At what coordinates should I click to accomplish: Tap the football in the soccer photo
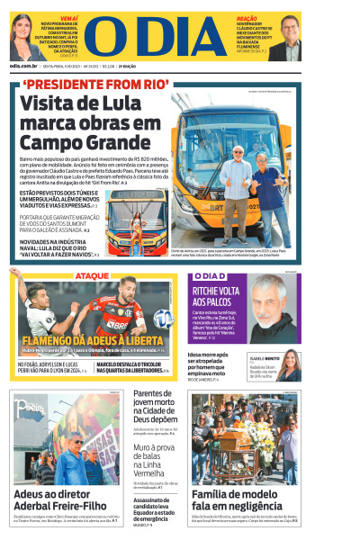pos(162,319)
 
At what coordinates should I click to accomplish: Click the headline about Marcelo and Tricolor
pos(136,365)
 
